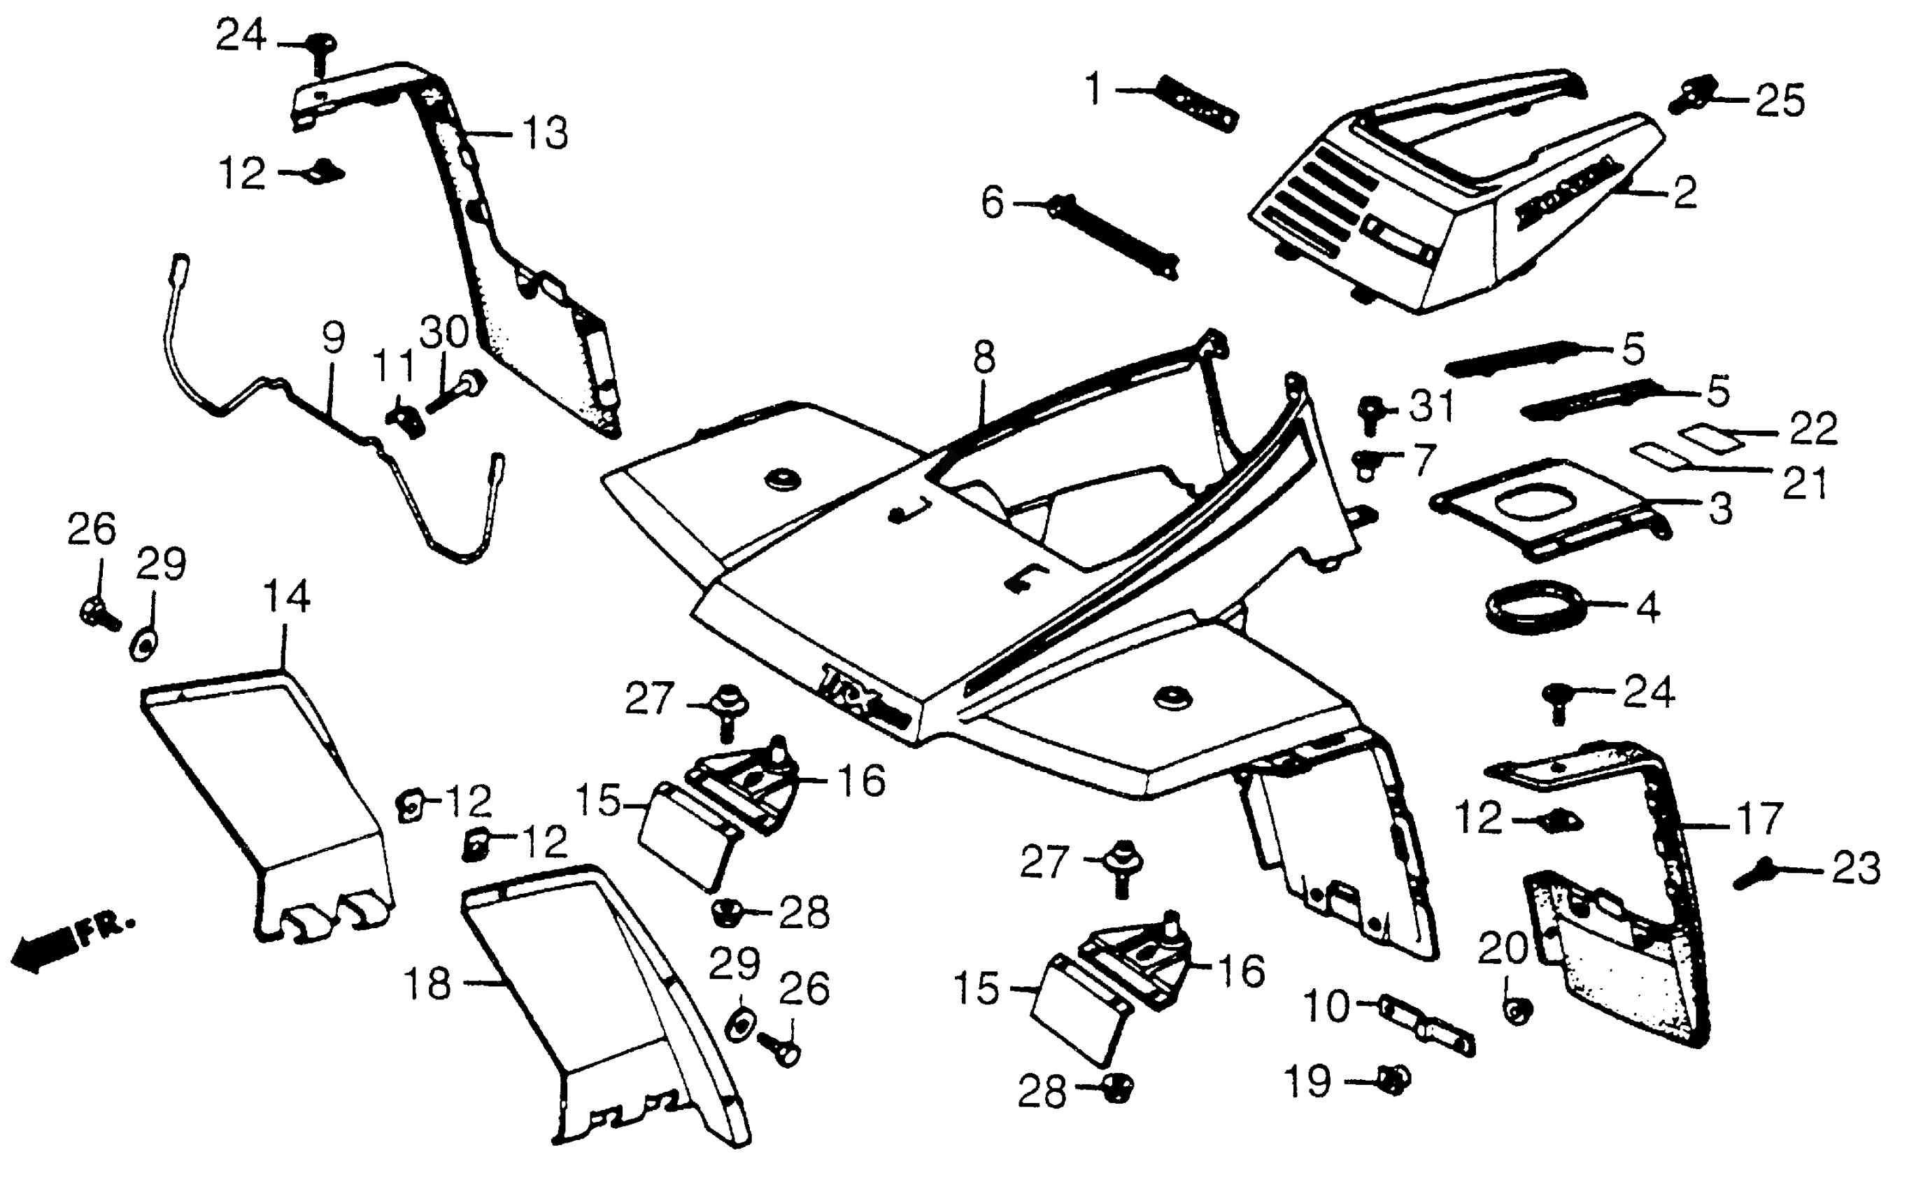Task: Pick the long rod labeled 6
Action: (1113, 236)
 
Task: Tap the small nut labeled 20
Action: (1518, 1011)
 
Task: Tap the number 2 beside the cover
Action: (1684, 192)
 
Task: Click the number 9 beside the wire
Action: (333, 338)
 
